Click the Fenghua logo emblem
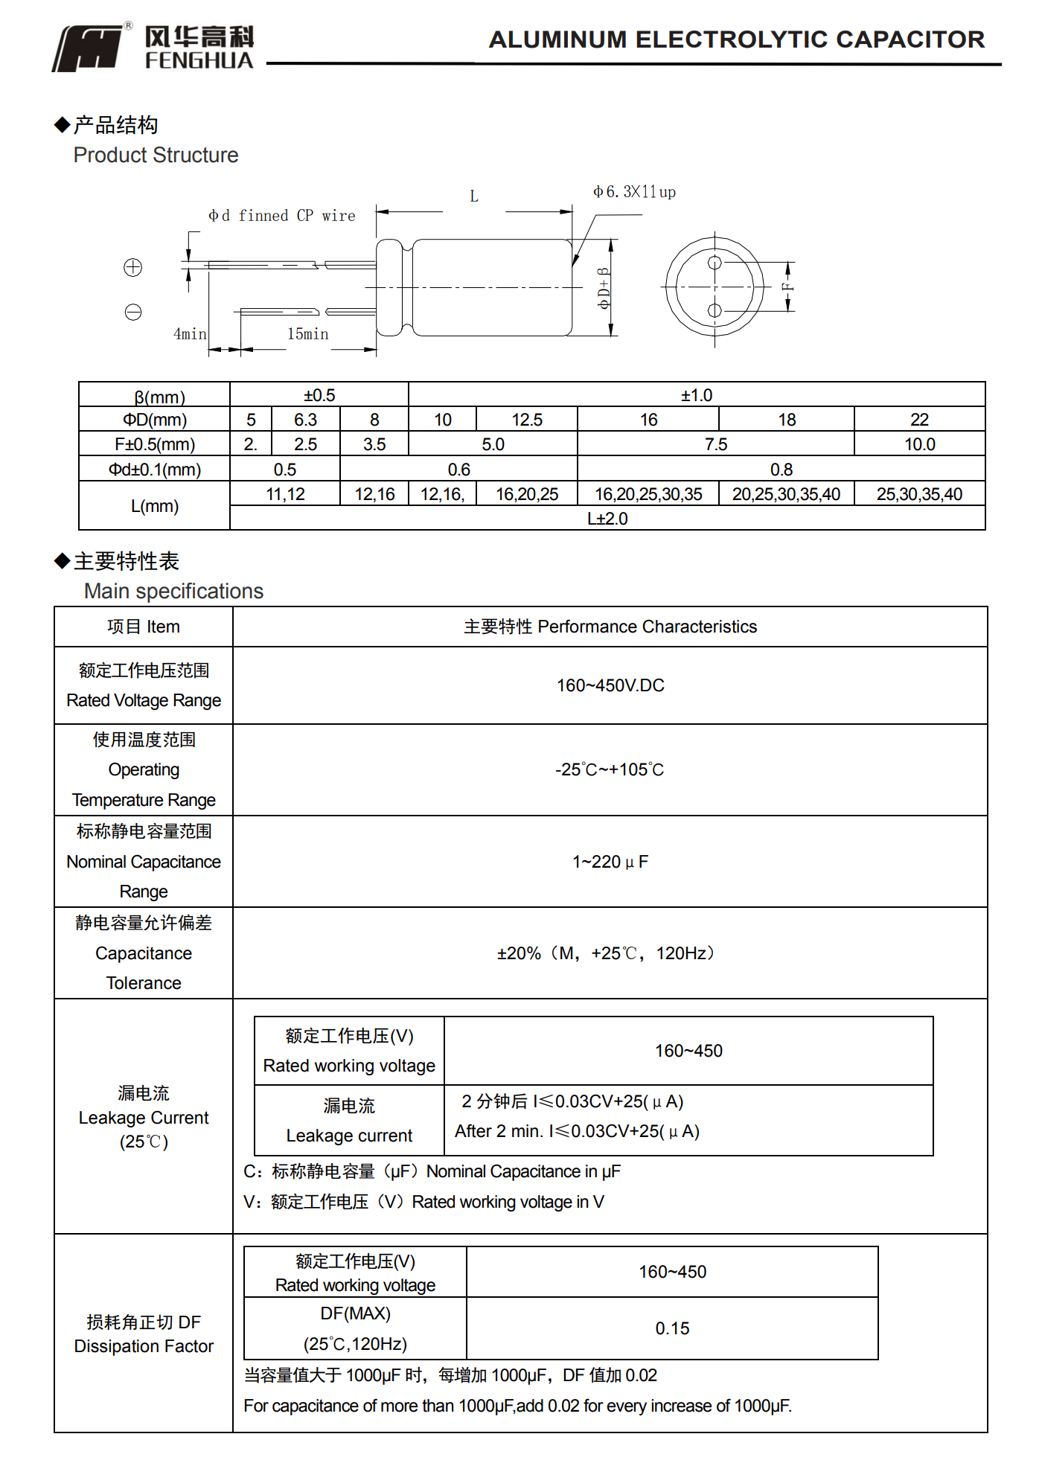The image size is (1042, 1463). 88,48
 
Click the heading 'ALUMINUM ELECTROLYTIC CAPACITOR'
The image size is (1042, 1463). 736,39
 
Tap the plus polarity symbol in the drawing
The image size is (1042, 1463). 133,268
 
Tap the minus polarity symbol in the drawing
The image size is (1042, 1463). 133,313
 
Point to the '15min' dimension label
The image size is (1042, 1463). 307,334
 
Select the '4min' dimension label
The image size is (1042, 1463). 190,334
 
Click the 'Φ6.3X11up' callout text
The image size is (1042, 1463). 634,192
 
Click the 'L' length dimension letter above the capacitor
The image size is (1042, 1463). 474,196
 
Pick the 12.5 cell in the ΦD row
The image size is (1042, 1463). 527,420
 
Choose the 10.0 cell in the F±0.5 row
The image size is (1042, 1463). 919,444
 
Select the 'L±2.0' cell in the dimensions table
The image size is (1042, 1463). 607,519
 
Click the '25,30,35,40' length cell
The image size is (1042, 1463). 919,494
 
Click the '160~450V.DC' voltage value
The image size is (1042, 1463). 610,685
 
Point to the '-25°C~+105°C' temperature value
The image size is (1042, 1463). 610,769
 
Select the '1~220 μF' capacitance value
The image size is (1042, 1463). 610,862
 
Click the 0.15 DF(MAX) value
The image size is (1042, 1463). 672,1328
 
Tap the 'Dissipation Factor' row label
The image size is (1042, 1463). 144,1346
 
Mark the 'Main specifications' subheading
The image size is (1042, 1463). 173,591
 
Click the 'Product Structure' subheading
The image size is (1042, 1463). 156,155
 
